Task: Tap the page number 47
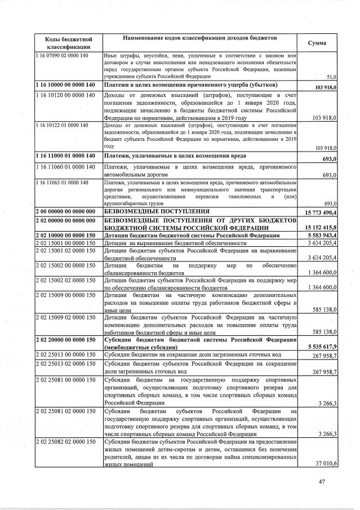pyautogui.click(x=322, y=482)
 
